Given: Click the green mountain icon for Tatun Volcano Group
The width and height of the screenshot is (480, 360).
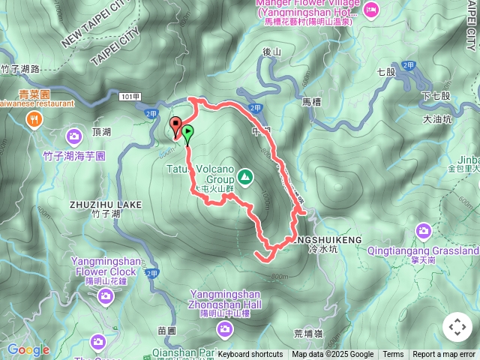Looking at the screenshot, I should coord(244,177).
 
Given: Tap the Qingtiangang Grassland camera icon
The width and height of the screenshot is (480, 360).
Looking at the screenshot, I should coord(423,230).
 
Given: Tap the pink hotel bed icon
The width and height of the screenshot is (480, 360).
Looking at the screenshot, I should coord(371,10).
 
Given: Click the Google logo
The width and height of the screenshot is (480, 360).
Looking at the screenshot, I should coord(28,349).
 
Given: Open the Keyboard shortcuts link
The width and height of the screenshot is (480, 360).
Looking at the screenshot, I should coord(250,355).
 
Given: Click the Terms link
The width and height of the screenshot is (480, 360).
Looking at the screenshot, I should coord(393,355).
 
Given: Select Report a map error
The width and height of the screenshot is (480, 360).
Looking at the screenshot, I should coord(444,355).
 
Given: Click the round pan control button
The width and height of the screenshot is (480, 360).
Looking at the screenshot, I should coord(457,327).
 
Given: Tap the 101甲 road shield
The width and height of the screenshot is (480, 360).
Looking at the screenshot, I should coord(129,97).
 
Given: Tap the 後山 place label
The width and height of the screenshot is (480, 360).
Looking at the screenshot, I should coord(271,52).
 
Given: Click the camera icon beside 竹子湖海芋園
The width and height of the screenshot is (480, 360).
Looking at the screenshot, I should coord(74,136).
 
